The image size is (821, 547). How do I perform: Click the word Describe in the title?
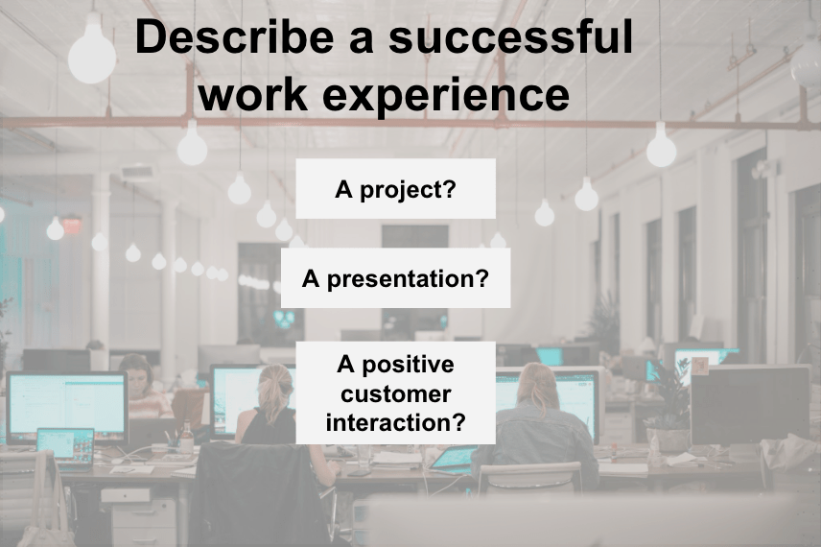(x=234, y=36)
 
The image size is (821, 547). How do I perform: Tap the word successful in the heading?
(x=511, y=36)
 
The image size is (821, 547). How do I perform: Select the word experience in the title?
(x=446, y=95)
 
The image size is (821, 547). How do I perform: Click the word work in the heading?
(x=253, y=94)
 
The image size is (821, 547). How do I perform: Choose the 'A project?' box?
(x=395, y=189)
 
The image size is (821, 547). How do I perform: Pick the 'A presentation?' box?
(x=395, y=277)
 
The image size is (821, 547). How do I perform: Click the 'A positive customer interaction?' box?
(x=395, y=392)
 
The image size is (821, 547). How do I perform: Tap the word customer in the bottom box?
(x=395, y=394)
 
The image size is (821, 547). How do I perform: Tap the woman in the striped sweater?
(x=141, y=387)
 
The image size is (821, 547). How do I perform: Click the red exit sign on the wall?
(x=72, y=226)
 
